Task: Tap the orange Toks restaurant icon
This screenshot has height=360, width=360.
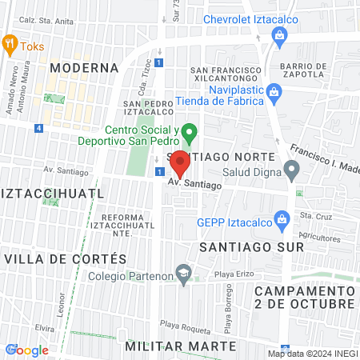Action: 10,45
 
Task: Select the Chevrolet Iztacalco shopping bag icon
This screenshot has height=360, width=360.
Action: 279,34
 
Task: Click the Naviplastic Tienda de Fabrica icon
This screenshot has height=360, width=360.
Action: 274,92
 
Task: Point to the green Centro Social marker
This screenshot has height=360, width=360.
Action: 189,131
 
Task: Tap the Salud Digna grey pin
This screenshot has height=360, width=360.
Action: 292,169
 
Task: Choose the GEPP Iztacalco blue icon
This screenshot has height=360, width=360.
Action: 282,218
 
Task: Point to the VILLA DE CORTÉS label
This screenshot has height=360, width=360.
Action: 66,259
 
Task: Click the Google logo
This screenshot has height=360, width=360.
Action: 26,350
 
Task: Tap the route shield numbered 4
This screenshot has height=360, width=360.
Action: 38,128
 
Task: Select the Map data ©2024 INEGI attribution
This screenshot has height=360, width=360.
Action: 311,354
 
